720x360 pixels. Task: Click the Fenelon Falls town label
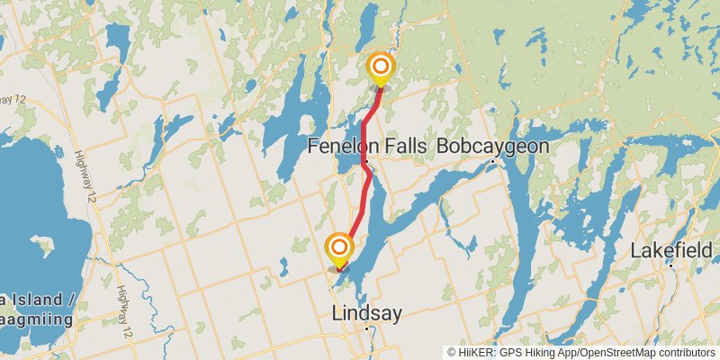pyautogui.click(x=366, y=146)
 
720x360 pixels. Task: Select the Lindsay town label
pyautogui.click(x=366, y=314)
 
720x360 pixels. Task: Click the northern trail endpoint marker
pyautogui.click(x=381, y=67)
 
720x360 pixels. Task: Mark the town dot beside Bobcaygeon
pyautogui.click(x=493, y=162)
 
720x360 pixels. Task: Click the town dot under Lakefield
pyautogui.click(x=671, y=265)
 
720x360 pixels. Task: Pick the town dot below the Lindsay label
pyautogui.click(x=367, y=329)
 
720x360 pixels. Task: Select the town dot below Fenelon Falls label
pyautogui.click(x=366, y=162)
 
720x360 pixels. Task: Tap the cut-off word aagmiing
pyautogui.click(x=36, y=319)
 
